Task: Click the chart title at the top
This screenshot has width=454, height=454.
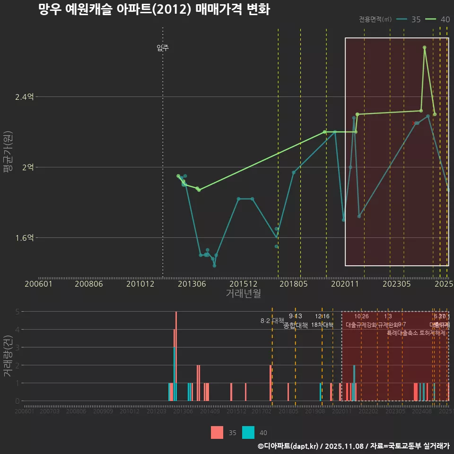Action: (154, 9)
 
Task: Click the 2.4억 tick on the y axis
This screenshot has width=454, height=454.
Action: (25, 97)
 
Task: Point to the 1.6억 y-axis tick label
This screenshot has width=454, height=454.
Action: (25, 238)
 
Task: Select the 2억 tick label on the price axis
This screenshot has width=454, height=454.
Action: (27, 167)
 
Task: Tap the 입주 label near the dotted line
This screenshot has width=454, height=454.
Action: (163, 48)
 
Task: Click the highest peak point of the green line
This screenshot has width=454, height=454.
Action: (425, 47)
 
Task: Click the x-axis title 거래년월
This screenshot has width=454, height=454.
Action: (243, 293)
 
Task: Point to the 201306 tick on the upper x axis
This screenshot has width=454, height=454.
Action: (192, 284)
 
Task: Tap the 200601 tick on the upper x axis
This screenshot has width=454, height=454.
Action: (38, 284)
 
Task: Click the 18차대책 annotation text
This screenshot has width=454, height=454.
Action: (322, 324)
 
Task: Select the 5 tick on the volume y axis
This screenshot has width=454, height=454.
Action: (17, 312)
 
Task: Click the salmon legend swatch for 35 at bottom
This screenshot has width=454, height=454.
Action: (217, 432)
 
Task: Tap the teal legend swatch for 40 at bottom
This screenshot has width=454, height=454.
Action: (248, 432)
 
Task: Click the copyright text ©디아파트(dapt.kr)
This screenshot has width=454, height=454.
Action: (288, 446)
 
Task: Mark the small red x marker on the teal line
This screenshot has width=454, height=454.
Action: (414, 123)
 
